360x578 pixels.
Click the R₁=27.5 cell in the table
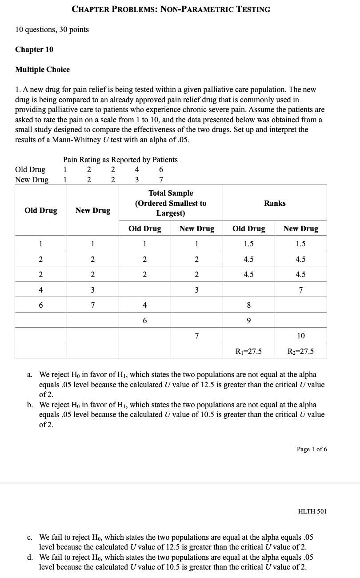click(x=248, y=351)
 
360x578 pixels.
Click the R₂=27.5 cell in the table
click(x=300, y=351)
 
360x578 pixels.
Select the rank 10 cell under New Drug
click(x=300, y=336)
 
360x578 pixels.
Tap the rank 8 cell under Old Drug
click(x=248, y=305)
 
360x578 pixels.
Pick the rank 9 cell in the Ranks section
click(x=248, y=321)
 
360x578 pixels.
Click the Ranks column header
click(x=275, y=203)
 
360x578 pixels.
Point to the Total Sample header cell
click(x=171, y=203)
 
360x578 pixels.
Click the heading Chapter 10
click(x=34, y=49)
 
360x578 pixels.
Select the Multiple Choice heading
click(x=42, y=69)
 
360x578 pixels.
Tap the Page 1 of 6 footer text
click(x=312, y=449)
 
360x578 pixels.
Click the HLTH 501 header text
click(x=312, y=511)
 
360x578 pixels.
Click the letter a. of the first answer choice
click(x=29, y=375)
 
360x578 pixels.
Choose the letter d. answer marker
click(x=29, y=557)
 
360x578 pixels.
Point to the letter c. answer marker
click(x=29, y=537)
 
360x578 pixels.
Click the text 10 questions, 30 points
click(x=52, y=29)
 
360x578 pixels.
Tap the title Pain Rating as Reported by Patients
click(x=120, y=160)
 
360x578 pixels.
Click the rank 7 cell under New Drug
click(x=300, y=290)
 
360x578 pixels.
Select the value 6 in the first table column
click(x=40, y=305)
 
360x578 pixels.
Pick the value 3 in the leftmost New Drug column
click(x=92, y=290)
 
